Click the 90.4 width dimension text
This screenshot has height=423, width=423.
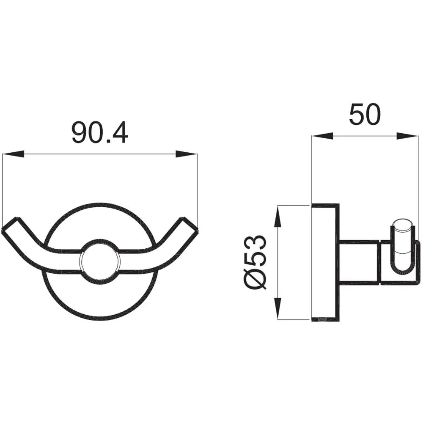[x=100, y=133]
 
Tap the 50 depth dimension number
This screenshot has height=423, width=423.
[x=365, y=114]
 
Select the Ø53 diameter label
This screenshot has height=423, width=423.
[x=255, y=262]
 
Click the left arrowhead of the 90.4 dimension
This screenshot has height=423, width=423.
[x=13, y=154]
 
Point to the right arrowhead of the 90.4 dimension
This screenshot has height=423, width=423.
[x=187, y=154]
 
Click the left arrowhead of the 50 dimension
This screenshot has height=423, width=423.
[x=323, y=136]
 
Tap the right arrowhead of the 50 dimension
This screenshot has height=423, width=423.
[x=407, y=136]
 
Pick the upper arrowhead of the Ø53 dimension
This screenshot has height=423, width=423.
[x=278, y=216]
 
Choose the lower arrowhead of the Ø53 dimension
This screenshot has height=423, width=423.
[x=278, y=308]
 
